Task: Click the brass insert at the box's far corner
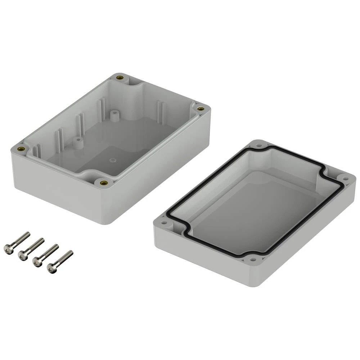pos(120,77)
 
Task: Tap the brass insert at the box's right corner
pos(201,108)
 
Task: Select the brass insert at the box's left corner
pos(21,148)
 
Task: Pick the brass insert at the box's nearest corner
pos(104,183)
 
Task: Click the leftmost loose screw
pos(17,243)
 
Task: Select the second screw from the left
pos(31,249)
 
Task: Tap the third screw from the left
pos(45,255)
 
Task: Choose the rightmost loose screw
pos(60,262)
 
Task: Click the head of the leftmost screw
pos(8,249)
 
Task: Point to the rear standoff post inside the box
pos(114,116)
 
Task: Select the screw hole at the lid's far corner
pos(258,146)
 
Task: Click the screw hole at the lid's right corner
pos(345,178)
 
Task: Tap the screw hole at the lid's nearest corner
pos(253,259)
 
